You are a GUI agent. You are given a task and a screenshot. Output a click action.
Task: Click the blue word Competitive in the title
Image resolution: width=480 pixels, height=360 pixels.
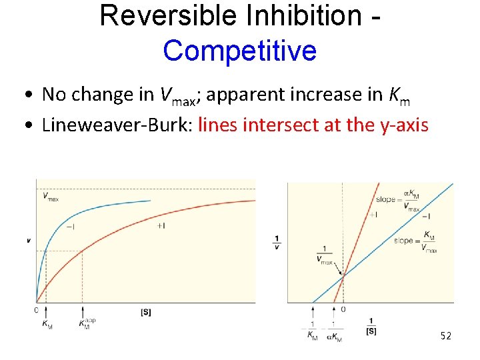[239, 50]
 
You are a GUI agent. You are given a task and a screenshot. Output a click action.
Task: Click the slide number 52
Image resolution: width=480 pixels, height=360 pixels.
[446, 336]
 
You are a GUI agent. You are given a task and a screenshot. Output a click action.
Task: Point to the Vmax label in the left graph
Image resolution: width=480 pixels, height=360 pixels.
[49, 196]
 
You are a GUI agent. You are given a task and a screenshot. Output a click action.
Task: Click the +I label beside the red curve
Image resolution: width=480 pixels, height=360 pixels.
[161, 226]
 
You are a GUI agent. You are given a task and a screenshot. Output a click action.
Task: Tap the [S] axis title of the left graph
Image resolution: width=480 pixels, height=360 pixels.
[145, 311]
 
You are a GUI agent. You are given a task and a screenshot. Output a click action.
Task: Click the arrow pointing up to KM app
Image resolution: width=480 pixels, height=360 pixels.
[83, 310]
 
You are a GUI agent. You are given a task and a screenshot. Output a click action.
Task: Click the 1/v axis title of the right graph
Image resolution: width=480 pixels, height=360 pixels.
[277, 241]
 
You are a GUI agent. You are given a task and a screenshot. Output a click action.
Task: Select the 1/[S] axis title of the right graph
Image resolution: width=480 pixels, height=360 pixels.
[371, 325]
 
